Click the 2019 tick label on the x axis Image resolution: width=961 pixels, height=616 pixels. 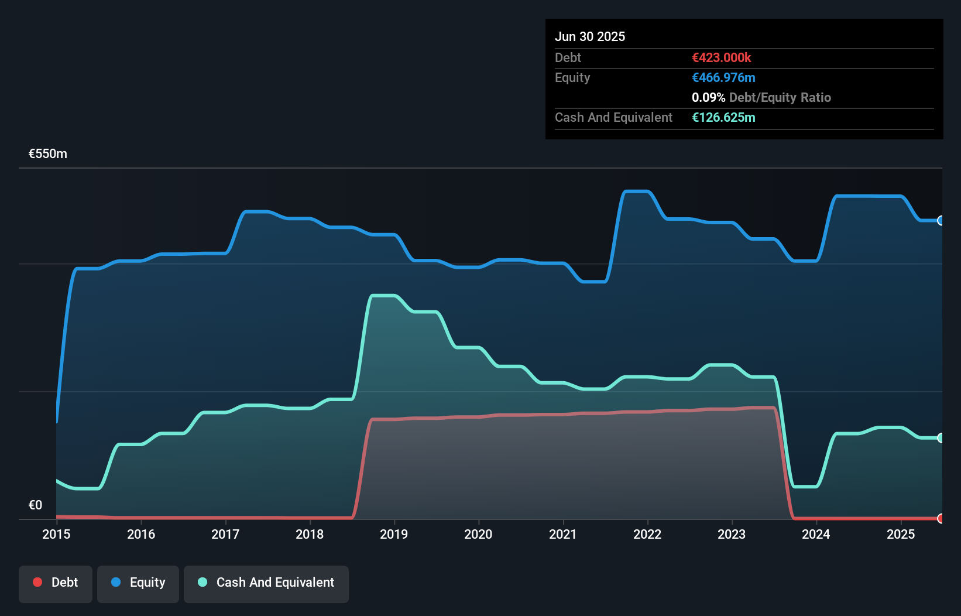click(x=394, y=534)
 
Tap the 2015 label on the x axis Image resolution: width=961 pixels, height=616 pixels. click(x=56, y=534)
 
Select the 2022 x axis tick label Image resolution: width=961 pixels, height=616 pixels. click(x=647, y=534)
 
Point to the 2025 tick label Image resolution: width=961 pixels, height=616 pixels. click(x=901, y=534)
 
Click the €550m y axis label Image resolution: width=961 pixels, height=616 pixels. click(x=48, y=154)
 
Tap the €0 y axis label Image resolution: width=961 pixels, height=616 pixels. click(x=35, y=505)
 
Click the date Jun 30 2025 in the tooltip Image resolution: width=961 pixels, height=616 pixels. click(x=590, y=37)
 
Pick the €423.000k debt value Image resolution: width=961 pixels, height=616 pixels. click(x=722, y=58)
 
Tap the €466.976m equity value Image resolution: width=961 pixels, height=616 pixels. click(x=723, y=78)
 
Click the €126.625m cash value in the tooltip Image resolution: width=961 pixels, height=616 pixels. click(x=723, y=118)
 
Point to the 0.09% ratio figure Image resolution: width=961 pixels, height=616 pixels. click(x=708, y=98)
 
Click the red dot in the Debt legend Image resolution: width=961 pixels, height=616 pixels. click(x=37, y=582)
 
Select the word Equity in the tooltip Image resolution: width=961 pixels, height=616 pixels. click(x=572, y=78)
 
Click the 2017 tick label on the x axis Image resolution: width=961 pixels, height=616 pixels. click(x=225, y=534)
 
